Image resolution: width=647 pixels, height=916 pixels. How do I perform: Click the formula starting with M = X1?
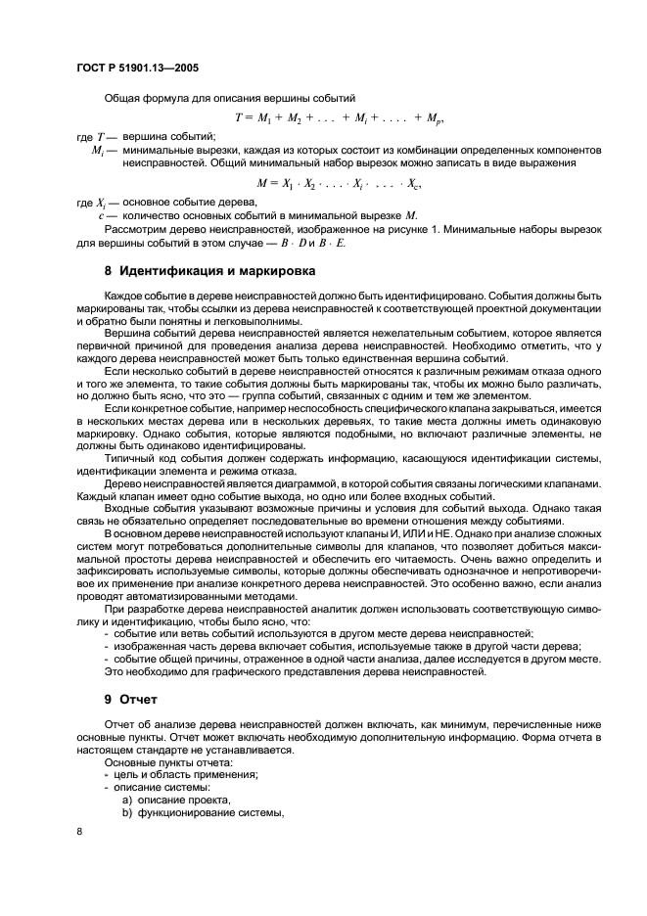coord(338,182)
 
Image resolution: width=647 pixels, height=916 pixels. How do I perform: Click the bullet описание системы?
coord(156,787)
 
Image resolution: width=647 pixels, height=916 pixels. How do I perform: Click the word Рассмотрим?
coord(134,227)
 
